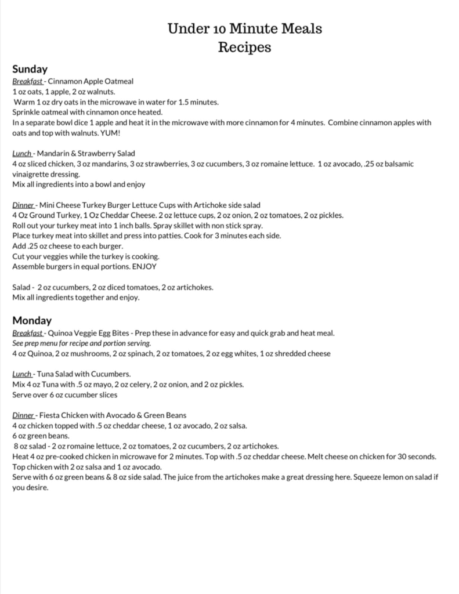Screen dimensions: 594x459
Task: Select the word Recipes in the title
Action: [244, 47]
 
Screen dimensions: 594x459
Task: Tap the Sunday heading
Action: [30, 70]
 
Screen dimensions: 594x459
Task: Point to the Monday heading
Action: [32, 320]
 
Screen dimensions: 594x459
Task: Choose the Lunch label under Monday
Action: [22, 374]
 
